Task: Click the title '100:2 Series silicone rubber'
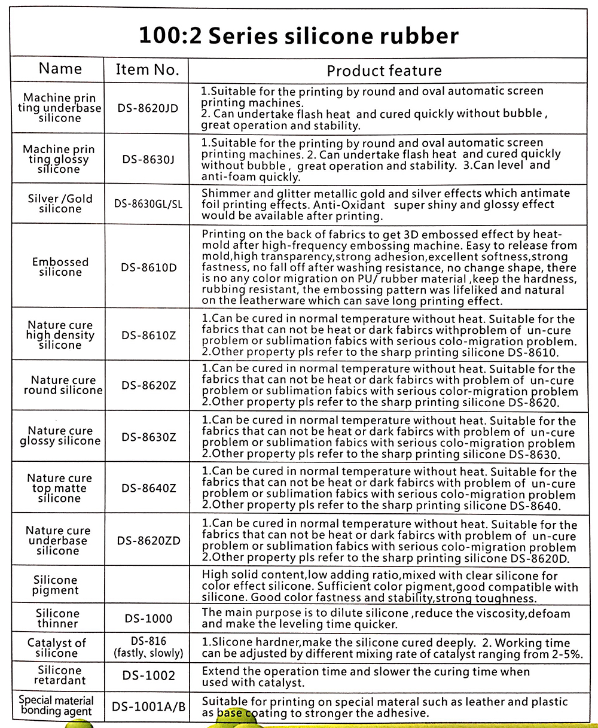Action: (298, 36)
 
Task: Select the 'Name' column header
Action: (60, 68)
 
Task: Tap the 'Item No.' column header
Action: (147, 69)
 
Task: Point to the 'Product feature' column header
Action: (384, 71)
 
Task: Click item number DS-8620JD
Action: (148, 108)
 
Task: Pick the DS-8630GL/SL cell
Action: (148, 203)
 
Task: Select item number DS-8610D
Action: (148, 267)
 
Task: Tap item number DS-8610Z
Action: (148, 335)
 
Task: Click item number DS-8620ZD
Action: (148, 541)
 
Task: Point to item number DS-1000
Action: (148, 618)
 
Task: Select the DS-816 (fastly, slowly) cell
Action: (148, 647)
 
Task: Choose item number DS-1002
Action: (148, 675)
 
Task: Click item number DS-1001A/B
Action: (148, 707)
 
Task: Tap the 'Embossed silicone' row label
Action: (60, 267)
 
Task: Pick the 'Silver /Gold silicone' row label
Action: (60, 203)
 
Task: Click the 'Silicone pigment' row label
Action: (56, 585)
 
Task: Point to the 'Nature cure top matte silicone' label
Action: (59, 488)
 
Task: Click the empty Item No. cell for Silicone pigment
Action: (148, 585)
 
